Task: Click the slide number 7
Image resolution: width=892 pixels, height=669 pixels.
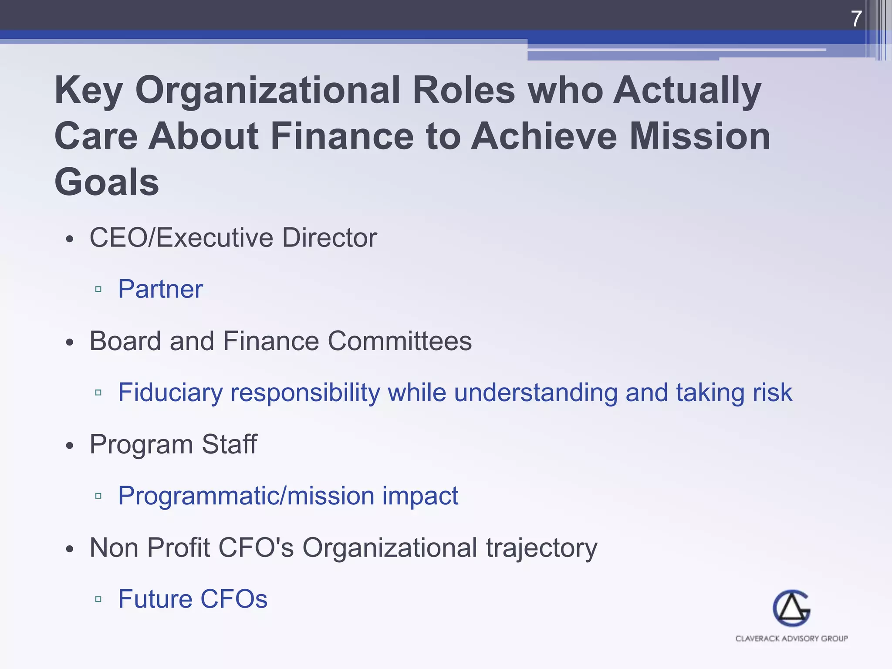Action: click(x=856, y=19)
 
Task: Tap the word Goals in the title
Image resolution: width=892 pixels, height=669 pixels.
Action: click(x=107, y=182)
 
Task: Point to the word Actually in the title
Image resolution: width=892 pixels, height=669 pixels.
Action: click(x=687, y=90)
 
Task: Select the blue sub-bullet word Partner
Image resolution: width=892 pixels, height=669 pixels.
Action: click(x=160, y=289)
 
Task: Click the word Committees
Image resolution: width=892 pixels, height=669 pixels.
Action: click(x=399, y=341)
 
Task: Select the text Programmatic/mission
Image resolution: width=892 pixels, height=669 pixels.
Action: click(x=246, y=496)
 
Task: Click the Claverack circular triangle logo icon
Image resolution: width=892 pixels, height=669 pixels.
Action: click(x=791, y=608)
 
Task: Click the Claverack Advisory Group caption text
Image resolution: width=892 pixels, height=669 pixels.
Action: click(x=791, y=639)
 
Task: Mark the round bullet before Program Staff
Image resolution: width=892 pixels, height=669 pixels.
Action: click(x=70, y=446)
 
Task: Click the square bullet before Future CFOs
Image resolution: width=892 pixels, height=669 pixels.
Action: click(x=98, y=599)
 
